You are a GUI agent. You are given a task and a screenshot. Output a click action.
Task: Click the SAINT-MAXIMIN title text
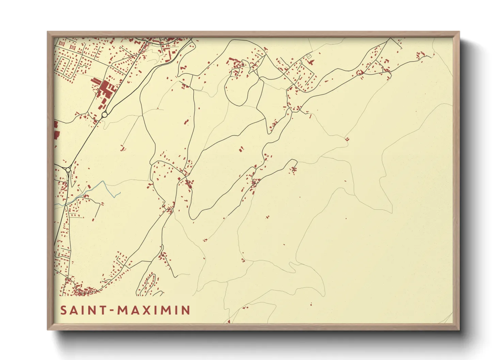tap(125, 310)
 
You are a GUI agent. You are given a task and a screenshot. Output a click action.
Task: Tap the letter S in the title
tap(63, 310)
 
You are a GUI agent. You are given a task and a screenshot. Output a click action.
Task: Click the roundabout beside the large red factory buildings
tap(105, 115)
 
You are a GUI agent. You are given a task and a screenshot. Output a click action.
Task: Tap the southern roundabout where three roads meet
tap(68, 169)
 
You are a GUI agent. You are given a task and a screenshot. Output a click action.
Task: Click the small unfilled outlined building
tap(309, 56)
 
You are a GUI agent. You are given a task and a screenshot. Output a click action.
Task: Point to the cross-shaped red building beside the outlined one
tap(311, 62)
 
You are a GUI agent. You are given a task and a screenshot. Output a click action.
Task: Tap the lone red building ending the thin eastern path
tap(347, 139)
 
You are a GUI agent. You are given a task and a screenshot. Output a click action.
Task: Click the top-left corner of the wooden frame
tap(48, 32)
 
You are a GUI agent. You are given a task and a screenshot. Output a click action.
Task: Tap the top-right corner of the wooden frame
tap(459, 32)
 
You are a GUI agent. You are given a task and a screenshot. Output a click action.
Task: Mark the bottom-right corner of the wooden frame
tap(459, 330)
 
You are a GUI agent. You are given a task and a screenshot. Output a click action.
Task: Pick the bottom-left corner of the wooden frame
tap(48, 330)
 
